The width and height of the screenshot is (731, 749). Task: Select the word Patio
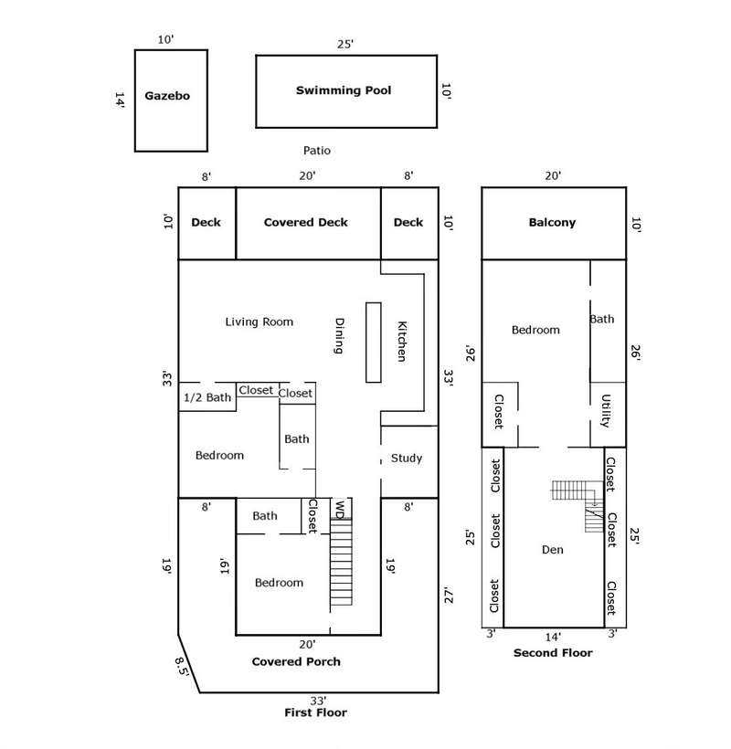317,151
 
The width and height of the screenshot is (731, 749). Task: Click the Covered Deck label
306,222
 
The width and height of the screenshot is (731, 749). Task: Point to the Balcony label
552,222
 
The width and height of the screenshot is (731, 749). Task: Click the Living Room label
260,322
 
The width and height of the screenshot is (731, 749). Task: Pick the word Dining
339,335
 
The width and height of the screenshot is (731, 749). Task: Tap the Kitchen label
401,341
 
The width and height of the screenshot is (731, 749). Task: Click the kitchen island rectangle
373,343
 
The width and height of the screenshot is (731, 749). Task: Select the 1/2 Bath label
207,397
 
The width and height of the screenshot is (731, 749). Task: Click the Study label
407,458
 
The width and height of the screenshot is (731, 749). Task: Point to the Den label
553,550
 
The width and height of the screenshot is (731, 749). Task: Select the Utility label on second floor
606,411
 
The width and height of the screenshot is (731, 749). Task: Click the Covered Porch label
296,661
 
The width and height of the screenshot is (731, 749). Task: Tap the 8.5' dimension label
185,666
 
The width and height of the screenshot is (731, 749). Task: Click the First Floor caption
316,712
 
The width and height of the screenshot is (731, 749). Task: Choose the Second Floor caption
553,653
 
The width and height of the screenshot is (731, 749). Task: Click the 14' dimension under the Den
553,637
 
